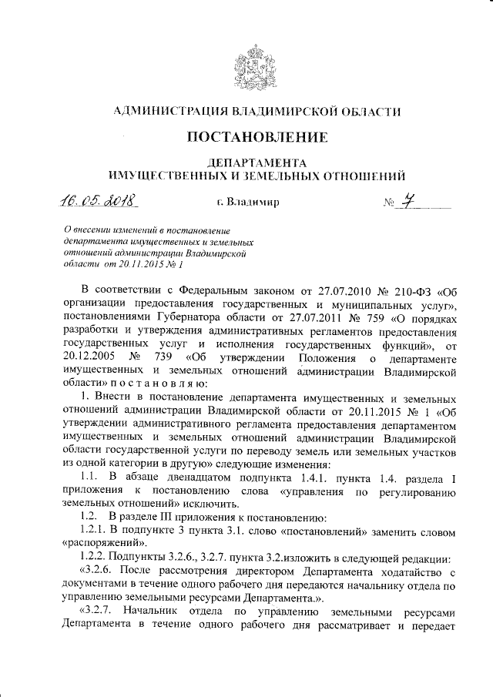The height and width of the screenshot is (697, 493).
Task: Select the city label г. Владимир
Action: coord(247,203)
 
